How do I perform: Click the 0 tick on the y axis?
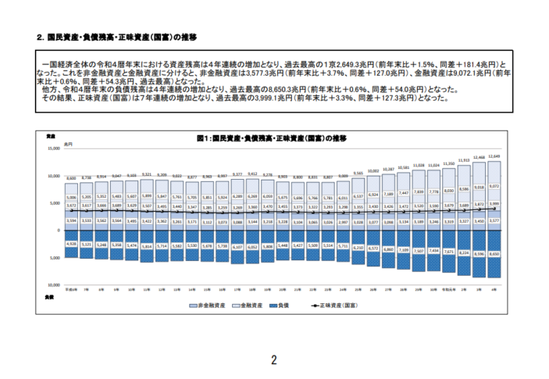58,231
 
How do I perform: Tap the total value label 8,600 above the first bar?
71,179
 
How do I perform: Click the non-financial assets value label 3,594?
71,221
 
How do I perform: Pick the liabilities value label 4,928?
71,244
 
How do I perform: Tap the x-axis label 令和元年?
448,289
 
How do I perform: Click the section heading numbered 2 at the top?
117,36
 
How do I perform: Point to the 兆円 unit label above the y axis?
68,145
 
